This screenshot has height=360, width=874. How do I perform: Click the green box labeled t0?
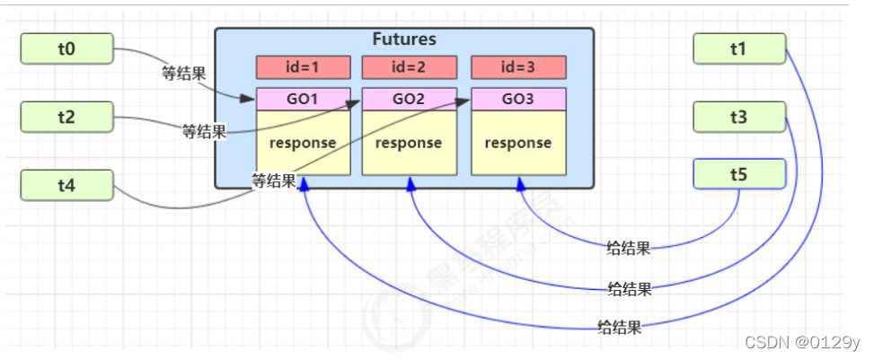tap(66, 49)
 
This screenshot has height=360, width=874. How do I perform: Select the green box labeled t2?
tap(66, 117)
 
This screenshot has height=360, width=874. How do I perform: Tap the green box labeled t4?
tap(66, 185)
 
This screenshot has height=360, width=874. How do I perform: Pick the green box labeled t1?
tap(739, 49)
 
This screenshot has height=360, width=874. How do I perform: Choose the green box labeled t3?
tap(739, 117)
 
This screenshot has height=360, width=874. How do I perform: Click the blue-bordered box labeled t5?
tap(739, 174)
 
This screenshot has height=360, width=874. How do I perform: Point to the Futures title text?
tap(404, 40)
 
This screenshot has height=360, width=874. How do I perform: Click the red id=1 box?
tap(303, 67)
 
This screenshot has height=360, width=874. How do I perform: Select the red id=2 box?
tap(409, 67)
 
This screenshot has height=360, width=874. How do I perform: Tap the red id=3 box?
tap(518, 67)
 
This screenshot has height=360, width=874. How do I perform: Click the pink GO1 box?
tap(303, 99)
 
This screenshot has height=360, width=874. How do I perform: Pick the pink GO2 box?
tap(409, 99)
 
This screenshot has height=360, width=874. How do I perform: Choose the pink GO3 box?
tap(518, 99)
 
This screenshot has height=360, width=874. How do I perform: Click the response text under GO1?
tap(303, 143)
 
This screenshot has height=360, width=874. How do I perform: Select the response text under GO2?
tap(409, 143)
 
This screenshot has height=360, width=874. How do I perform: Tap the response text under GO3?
tap(518, 143)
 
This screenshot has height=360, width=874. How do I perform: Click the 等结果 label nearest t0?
tap(183, 75)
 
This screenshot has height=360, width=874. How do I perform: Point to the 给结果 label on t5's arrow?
tap(629, 249)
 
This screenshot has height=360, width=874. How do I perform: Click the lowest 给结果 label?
tap(620, 327)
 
